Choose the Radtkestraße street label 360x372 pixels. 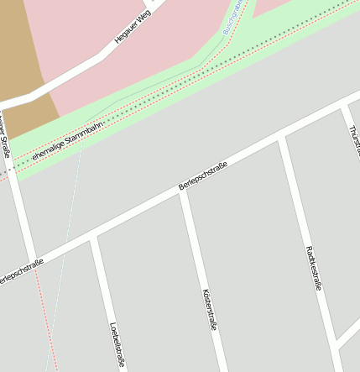(314, 268)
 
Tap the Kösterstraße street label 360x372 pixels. (209, 310)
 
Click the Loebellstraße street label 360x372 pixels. (117, 345)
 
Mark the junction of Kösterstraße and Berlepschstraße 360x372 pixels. (183, 192)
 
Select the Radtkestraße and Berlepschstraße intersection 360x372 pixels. (281, 139)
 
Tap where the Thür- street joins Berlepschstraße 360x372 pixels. (343, 108)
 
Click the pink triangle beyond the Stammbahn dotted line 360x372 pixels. (285, 8)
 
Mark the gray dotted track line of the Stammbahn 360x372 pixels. (210, 75)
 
